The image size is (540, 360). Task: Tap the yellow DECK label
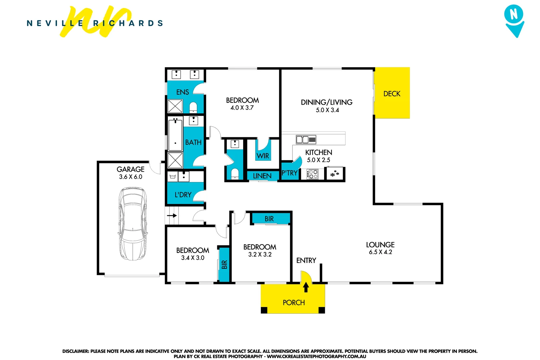click(392, 94)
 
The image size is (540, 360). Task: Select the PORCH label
click(293, 303)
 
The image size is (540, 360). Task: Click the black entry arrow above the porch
click(306, 287)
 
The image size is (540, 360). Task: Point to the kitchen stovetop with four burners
click(312, 174)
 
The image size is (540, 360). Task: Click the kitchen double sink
click(306, 139)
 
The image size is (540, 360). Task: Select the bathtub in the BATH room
click(175, 135)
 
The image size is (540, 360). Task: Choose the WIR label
click(263, 156)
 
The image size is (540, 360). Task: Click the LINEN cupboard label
click(262, 176)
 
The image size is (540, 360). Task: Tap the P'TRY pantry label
click(289, 173)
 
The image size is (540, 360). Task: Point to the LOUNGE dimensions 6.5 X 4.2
click(380, 252)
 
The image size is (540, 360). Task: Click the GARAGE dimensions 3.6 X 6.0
click(131, 177)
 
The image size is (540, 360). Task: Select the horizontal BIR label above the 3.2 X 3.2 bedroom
click(269, 219)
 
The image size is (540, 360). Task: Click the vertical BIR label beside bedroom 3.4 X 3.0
click(224, 264)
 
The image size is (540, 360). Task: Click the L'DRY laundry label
click(183, 195)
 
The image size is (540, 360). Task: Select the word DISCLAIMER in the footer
click(75, 351)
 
